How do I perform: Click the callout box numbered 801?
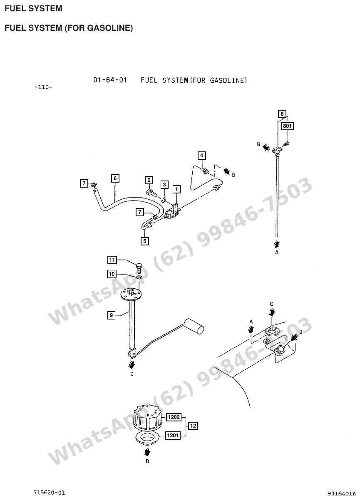(287, 126)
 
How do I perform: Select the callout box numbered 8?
(282, 114)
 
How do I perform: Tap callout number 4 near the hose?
(202, 156)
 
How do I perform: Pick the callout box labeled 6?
(115, 178)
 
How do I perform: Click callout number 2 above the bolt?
(149, 180)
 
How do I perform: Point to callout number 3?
(164, 185)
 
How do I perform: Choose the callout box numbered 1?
(176, 189)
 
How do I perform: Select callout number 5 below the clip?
(145, 241)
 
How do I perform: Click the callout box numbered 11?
(112, 260)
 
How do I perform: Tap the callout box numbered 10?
(112, 274)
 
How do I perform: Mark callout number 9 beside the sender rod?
(111, 315)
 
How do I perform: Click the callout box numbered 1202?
(174, 417)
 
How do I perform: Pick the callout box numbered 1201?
(173, 435)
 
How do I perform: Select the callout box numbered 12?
(193, 426)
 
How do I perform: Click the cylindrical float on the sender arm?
(194, 327)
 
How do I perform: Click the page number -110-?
(43, 87)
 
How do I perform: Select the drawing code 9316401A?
(341, 493)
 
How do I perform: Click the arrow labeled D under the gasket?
(147, 453)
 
